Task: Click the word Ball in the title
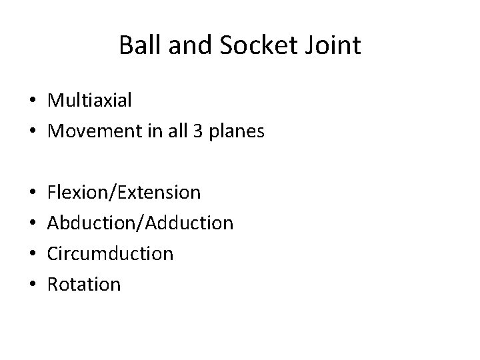pos(137,46)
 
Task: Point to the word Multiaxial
pos(90,101)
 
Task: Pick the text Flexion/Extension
pos(124,193)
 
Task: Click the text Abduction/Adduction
pos(140,223)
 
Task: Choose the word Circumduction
pos(111,253)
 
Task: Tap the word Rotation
pos(84,285)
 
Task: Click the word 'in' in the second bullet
pos(155,131)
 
